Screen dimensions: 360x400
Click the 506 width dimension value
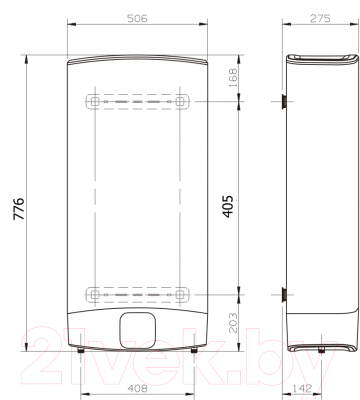coord(137,19)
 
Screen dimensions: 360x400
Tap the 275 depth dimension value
coord(320,19)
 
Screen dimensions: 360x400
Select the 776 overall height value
coord(19,209)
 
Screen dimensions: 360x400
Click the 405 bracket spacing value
coord(228,207)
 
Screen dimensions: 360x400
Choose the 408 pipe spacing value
coord(137,388)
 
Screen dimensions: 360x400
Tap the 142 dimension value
coord(302,388)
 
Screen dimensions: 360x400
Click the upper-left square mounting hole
coord(95,101)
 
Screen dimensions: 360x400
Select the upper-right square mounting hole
coord(180,101)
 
